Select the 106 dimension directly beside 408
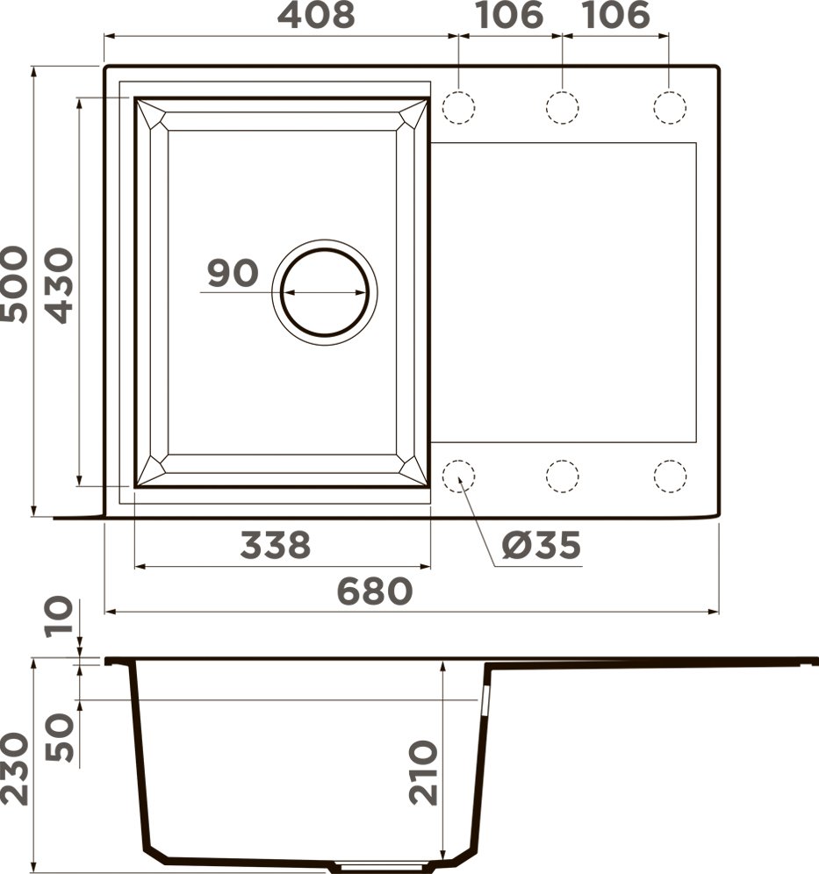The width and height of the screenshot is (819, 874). point(509,16)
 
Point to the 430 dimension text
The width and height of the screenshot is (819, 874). point(59,286)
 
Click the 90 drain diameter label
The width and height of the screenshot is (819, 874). point(233,274)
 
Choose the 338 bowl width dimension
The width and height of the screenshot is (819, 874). point(276,545)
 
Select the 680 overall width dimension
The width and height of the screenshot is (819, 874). point(376,591)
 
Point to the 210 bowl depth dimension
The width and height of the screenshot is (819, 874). point(423,772)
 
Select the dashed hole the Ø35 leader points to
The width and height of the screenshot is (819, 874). point(458,476)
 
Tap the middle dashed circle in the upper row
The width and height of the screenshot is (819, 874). point(562,107)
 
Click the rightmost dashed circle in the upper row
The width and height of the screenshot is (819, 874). point(670,107)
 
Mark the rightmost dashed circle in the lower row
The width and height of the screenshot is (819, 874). point(670,476)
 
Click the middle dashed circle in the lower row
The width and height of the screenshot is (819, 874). point(562,476)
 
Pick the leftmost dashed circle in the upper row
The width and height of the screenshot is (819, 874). point(458,107)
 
